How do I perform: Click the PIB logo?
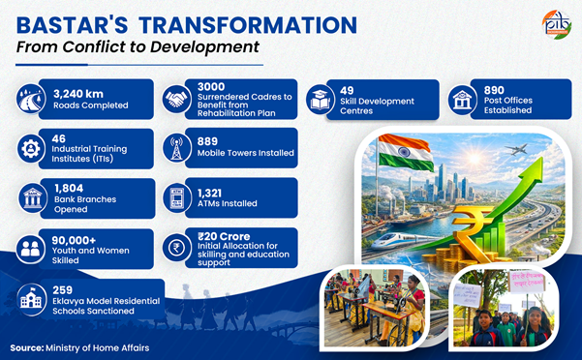557,23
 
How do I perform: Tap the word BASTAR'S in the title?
72,25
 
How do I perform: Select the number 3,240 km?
78,94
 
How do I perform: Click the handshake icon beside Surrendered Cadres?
176,99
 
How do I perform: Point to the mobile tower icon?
176,147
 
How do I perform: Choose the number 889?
207,141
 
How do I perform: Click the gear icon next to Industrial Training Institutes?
31,148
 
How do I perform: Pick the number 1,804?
69,188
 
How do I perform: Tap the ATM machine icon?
176,197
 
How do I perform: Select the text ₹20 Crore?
224,236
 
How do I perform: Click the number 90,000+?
74,240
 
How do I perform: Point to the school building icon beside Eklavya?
32,299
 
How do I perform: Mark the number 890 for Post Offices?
494,90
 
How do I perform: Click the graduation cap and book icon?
320,100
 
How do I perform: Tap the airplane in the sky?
516,149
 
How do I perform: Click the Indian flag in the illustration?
405,152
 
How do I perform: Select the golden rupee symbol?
473,233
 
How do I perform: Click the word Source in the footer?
27,347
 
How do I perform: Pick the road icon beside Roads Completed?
31,99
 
